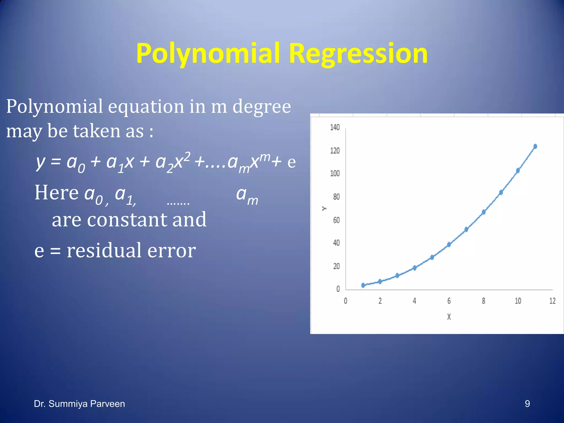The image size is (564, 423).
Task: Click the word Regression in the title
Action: pos(358,54)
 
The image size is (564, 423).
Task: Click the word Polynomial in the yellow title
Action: pos(208,54)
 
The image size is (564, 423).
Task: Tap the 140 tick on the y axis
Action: pos(335,127)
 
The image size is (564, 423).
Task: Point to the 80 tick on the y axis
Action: pos(336,197)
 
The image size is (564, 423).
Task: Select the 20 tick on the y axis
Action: pos(336,266)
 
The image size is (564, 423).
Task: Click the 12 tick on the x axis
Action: pos(552,301)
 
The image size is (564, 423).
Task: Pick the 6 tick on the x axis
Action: pos(449,301)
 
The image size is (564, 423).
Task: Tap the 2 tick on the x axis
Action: pos(380,301)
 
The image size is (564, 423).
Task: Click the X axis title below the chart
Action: pos(449,317)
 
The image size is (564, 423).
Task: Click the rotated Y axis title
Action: pos(324,208)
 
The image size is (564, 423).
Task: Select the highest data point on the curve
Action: pos(535,146)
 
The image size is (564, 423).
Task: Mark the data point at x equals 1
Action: pos(363,285)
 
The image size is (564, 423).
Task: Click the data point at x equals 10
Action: pos(518,170)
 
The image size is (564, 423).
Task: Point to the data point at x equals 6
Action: pos(449,244)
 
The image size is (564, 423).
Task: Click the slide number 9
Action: pos(527,404)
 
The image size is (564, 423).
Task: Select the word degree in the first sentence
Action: pos(262,107)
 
